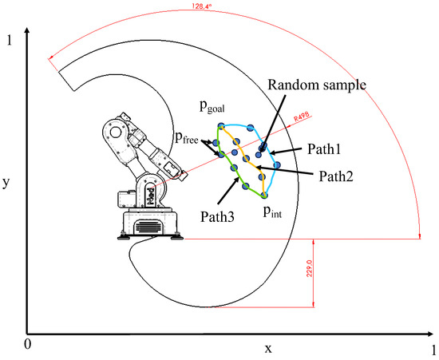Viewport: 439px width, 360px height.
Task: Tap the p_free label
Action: [x=188, y=137]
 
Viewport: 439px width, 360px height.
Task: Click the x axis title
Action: [x=268, y=348]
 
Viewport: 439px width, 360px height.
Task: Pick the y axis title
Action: [x=6, y=182]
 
